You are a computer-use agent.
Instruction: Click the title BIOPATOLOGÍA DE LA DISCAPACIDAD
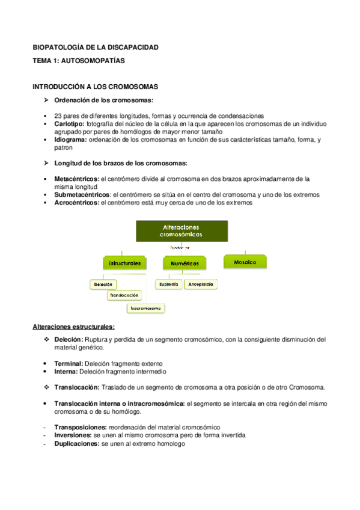point(95,48)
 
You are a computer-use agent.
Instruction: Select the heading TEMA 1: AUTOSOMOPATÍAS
point(78,61)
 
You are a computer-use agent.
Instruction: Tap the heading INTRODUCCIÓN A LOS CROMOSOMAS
point(95,87)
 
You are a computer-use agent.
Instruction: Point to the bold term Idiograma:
point(71,140)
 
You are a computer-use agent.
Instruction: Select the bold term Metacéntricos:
point(77,179)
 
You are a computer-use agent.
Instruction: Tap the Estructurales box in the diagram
point(125,263)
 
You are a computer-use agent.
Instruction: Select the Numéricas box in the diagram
point(185,263)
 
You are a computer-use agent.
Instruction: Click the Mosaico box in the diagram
point(245,262)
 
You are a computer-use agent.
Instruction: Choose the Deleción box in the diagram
point(103,284)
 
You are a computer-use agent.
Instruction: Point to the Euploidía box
point(169,284)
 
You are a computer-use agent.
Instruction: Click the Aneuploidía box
point(203,284)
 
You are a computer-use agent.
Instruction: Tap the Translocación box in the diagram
point(125,295)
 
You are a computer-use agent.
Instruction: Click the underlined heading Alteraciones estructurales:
point(73,327)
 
